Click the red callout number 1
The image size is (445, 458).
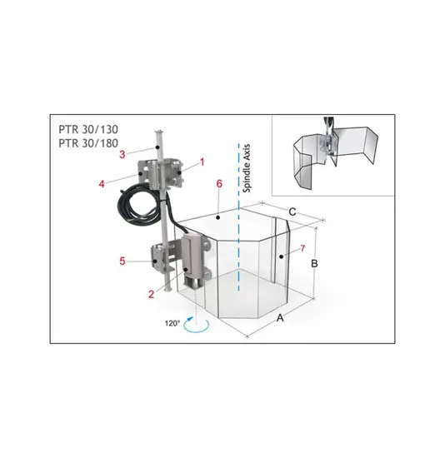202,162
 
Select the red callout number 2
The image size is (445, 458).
151,294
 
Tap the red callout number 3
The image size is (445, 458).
122,154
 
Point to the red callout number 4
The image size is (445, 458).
102,184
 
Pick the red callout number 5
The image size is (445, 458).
122,261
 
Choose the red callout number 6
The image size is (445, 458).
219,184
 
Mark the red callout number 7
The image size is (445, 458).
302,248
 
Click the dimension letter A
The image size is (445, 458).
280,317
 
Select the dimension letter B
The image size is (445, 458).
314,263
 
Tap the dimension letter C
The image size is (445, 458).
292,212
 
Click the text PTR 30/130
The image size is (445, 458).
88,129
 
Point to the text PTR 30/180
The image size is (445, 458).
88,143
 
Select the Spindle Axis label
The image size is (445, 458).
247,168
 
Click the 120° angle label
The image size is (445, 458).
172,323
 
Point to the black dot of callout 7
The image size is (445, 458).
281,256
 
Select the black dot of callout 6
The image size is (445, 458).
217,217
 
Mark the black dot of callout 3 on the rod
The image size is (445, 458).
157,147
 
